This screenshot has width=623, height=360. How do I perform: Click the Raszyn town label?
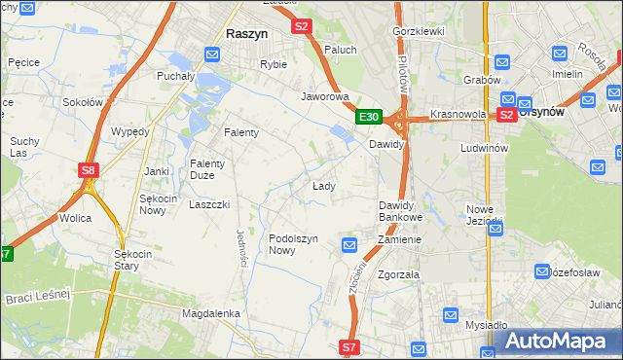(x=246, y=33)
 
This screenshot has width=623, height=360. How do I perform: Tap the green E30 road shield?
(x=368, y=118)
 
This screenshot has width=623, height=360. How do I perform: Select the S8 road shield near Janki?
(x=89, y=170)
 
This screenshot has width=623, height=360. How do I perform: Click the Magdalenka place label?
(x=210, y=313)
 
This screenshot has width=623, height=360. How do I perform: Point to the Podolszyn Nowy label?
(x=295, y=244)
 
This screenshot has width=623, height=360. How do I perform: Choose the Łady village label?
(x=324, y=186)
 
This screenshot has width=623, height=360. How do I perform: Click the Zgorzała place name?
(x=398, y=274)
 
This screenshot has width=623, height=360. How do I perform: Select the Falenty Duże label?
(x=207, y=169)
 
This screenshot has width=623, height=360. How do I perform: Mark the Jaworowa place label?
(x=325, y=97)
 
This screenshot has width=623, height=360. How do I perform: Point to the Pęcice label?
(x=22, y=62)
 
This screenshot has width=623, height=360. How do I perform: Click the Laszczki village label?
(x=209, y=205)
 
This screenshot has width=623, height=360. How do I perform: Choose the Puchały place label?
(x=176, y=75)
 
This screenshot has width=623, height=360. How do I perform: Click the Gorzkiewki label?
(x=418, y=31)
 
